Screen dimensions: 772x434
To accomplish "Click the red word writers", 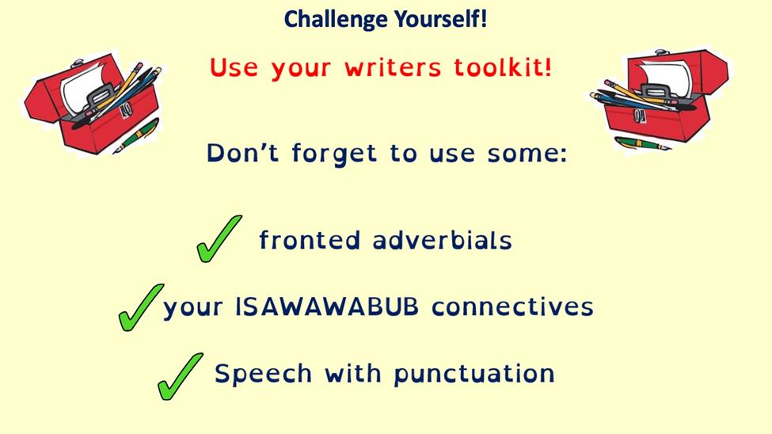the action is coord(393,68).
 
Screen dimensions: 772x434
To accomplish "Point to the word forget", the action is coord(334,153).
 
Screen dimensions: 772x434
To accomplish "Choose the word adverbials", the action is coord(442,240).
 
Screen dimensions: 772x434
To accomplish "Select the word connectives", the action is coord(512,307).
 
